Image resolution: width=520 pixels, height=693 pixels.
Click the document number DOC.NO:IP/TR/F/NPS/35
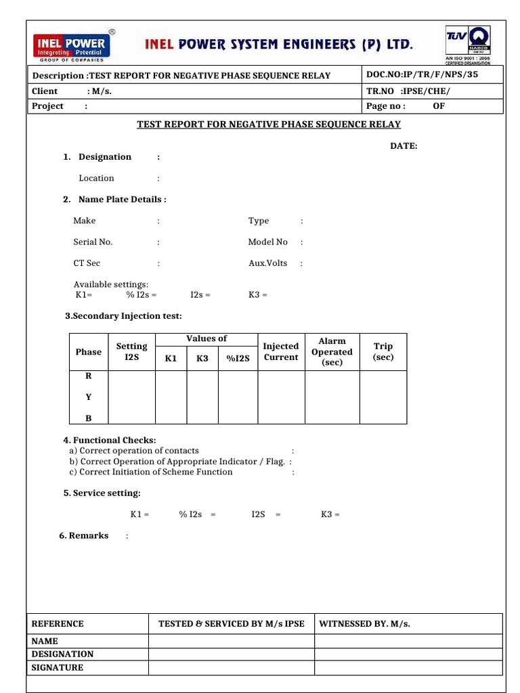tap(422, 74)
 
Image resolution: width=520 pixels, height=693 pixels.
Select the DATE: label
tap(404, 146)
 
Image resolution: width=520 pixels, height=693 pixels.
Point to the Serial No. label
tap(93, 242)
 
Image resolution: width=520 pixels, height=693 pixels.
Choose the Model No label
tap(267, 242)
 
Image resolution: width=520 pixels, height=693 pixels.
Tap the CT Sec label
tap(87, 263)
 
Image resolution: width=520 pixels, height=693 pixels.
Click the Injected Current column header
tap(281, 352)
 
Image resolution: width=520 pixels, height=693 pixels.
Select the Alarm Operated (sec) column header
tap(332, 352)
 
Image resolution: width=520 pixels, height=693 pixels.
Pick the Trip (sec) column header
tap(383, 352)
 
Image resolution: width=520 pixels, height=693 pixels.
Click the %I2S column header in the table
tap(238, 359)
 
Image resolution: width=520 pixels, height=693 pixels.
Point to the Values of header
tap(207, 338)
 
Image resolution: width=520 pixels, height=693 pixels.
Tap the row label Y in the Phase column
tap(88, 398)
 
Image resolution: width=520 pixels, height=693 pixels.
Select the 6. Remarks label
tap(84, 535)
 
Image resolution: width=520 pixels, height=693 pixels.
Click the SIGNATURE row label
tap(58, 667)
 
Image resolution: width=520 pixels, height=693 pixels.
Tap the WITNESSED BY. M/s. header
tap(365, 624)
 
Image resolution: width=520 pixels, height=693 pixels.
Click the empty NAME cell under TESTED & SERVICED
tap(231, 641)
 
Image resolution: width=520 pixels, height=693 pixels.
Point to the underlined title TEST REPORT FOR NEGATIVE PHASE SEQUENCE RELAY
tap(269, 125)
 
